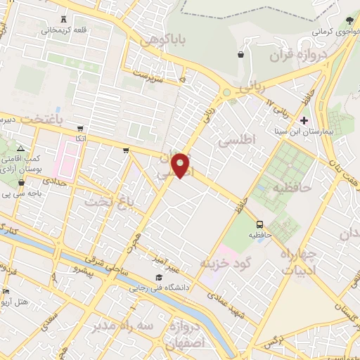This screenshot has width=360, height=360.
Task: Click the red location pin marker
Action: point(181,166)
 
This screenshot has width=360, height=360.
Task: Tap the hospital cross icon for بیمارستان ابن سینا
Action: point(303,121)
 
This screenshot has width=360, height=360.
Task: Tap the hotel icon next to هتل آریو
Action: point(6,292)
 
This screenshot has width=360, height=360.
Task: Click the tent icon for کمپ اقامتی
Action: point(20,148)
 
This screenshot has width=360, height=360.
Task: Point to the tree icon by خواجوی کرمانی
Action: point(349,20)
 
